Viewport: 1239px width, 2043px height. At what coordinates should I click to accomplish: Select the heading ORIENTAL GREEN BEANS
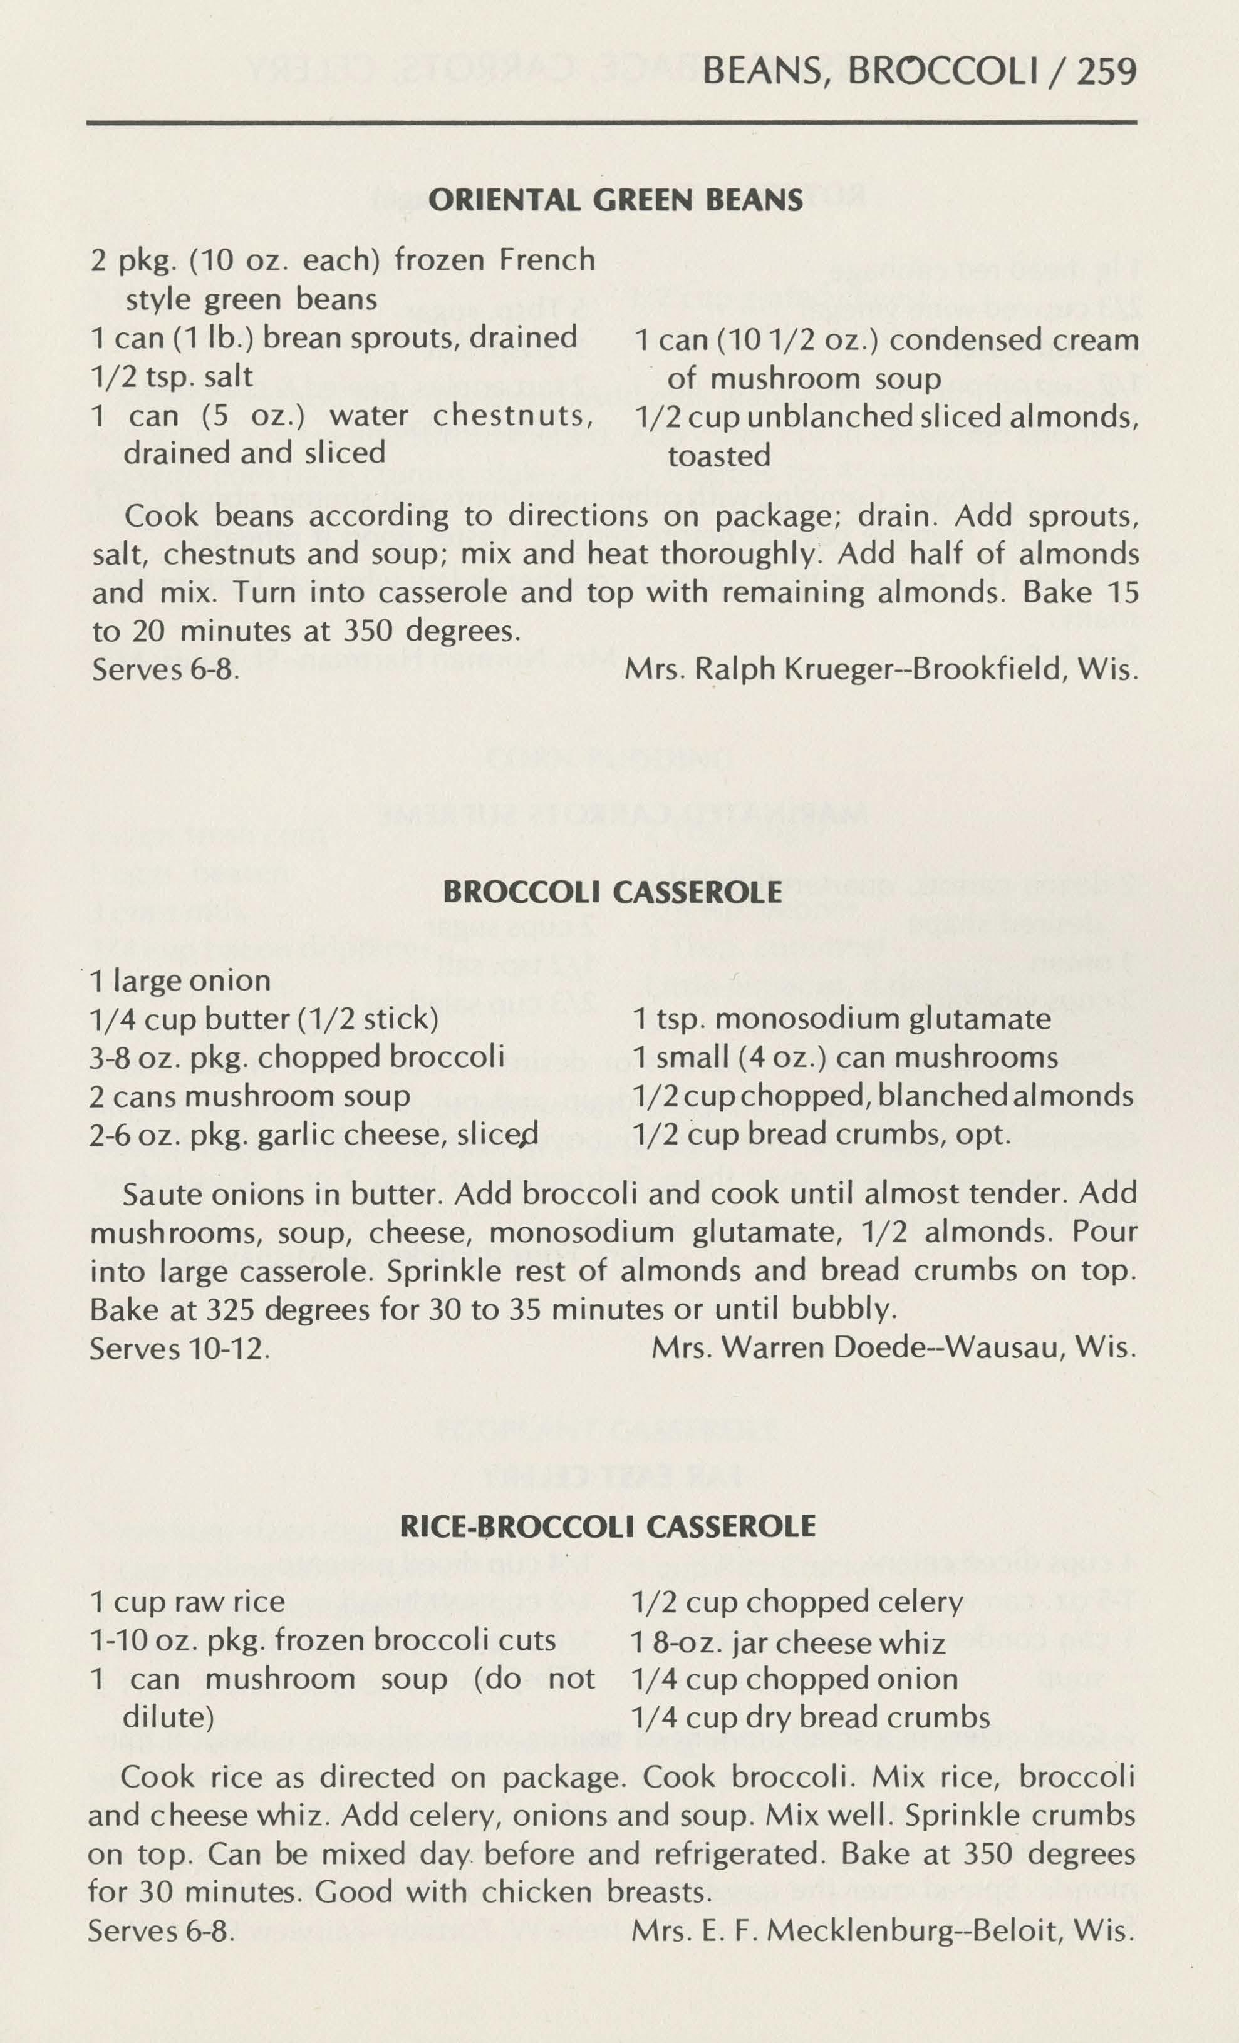point(616,200)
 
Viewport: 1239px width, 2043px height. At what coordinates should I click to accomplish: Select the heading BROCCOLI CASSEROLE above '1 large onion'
point(613,892)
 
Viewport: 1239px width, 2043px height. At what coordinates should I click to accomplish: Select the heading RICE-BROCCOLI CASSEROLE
point(608,1527)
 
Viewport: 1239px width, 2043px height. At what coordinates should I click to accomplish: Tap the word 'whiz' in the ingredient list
point(916,1644)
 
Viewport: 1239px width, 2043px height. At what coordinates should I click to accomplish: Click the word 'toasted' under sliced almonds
point(719,455)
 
